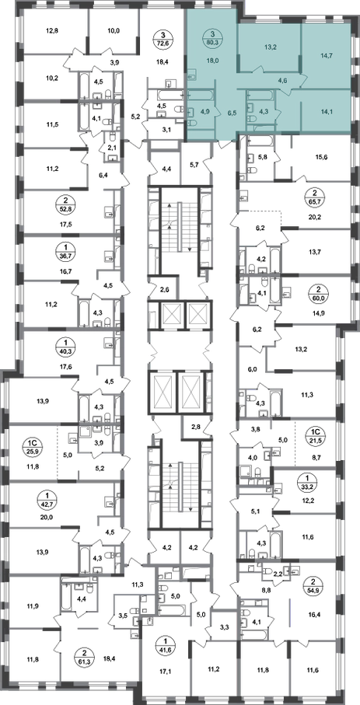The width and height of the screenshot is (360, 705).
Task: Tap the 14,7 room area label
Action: coord(324,56)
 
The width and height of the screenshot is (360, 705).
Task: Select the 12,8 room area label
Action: coord(53,31)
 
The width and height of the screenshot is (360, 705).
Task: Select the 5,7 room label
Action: coord(195,165)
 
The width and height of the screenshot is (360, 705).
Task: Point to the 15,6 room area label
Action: coord(320,156)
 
